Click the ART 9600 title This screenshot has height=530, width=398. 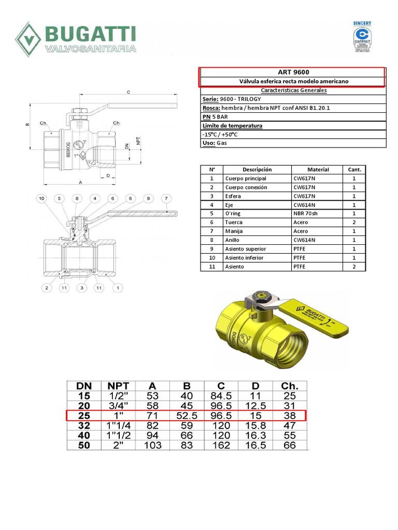click(293, 72)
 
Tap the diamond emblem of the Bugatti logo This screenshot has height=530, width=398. click(29, 39)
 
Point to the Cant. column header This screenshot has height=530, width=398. click(354, 169)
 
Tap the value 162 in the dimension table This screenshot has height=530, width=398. click(221, 445)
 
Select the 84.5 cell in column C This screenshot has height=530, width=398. click(221, 396)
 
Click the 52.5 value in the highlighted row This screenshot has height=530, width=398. click(186, 416)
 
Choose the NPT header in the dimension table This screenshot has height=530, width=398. click(118, 386)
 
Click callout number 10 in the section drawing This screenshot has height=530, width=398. click(42, 198)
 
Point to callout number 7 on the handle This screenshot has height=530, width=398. click(165, 198)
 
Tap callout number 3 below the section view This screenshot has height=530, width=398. click(82, 287)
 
